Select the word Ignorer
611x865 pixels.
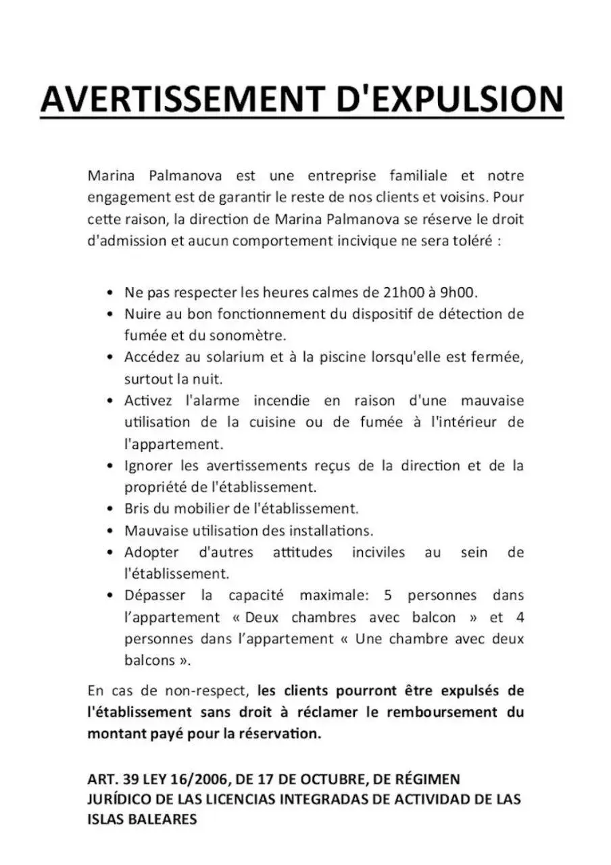pos(149,466)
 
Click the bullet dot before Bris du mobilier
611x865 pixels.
pos(109,509)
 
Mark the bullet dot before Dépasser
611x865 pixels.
pos(109,596)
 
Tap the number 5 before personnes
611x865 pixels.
pos(387,595)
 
